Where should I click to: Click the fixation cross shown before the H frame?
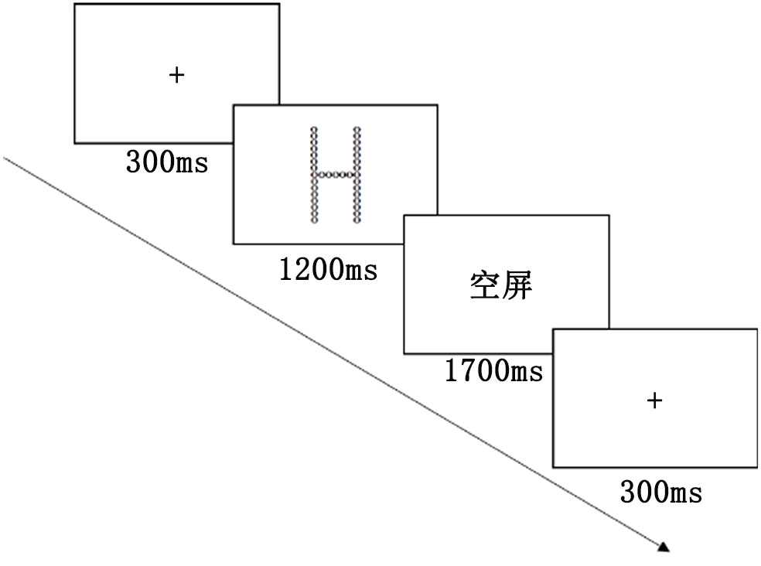pos(176,75)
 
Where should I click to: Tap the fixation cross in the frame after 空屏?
pos(654,400)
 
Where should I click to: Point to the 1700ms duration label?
pos(493,372)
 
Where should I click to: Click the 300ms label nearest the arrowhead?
pos(660,492)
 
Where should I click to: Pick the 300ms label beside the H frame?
pos(166,163)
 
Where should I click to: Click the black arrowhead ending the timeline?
pos(663,547)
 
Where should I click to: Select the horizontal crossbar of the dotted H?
pos(335,175)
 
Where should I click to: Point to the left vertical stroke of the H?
pos(314,175)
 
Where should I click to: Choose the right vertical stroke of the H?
pos(357,175)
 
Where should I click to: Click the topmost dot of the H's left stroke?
pos(314,129)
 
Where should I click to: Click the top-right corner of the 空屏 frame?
pos(609,216)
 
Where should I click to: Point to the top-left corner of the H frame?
pos(234,105)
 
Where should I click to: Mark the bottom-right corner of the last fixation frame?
pos(756,467)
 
